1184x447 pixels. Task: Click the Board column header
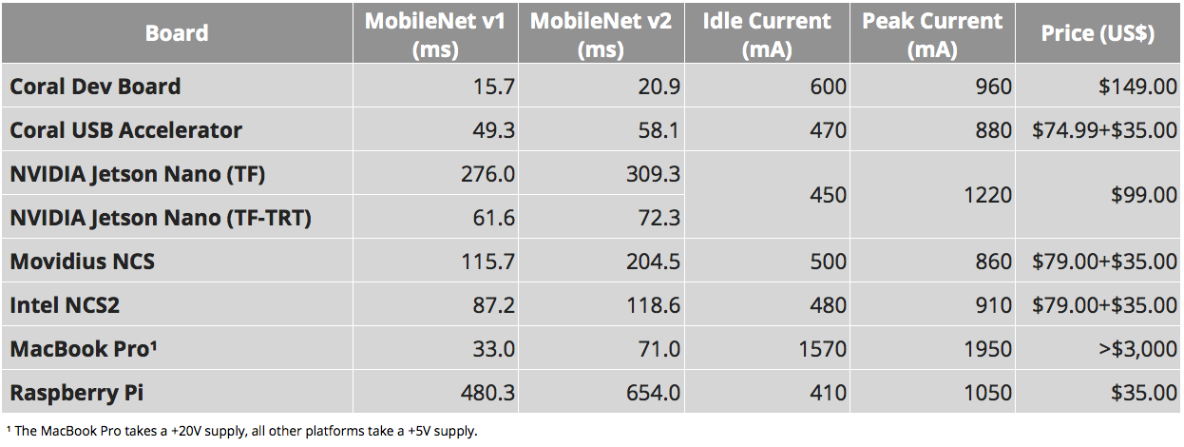[x=177, y=33]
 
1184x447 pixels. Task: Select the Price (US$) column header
[x=1098, y=33]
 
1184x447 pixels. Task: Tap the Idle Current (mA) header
[x=767, y=34]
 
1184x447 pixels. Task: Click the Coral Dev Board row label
[x=95, y=87]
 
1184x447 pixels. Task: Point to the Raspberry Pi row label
[x=77, y=393]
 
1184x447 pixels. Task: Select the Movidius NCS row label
[x=83, y=262]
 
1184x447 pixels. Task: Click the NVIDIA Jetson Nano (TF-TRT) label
[x=161, y=218]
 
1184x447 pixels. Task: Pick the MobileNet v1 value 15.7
[x=494, y=87]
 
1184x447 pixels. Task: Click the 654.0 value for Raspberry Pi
[x=654, y=393]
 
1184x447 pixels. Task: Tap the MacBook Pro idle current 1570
[x=823, y=349]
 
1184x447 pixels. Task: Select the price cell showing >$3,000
[x=1138, y=349]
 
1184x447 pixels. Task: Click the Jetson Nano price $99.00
[x=1144, y=195]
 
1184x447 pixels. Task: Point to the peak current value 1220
[x=988, y=195]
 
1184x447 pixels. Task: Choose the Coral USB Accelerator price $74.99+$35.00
[x=1105, y=130]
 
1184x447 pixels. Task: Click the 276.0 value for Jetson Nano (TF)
[x=487, y=174]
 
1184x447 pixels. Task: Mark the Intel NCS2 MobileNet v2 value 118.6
[x=654, y=305]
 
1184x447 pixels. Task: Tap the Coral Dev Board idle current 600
[x=829, y=87]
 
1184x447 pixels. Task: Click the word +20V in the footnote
[x=186, y=431]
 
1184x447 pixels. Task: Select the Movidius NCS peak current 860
[x=994, y=262]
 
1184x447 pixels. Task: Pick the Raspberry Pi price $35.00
[x=1144, y=393]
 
